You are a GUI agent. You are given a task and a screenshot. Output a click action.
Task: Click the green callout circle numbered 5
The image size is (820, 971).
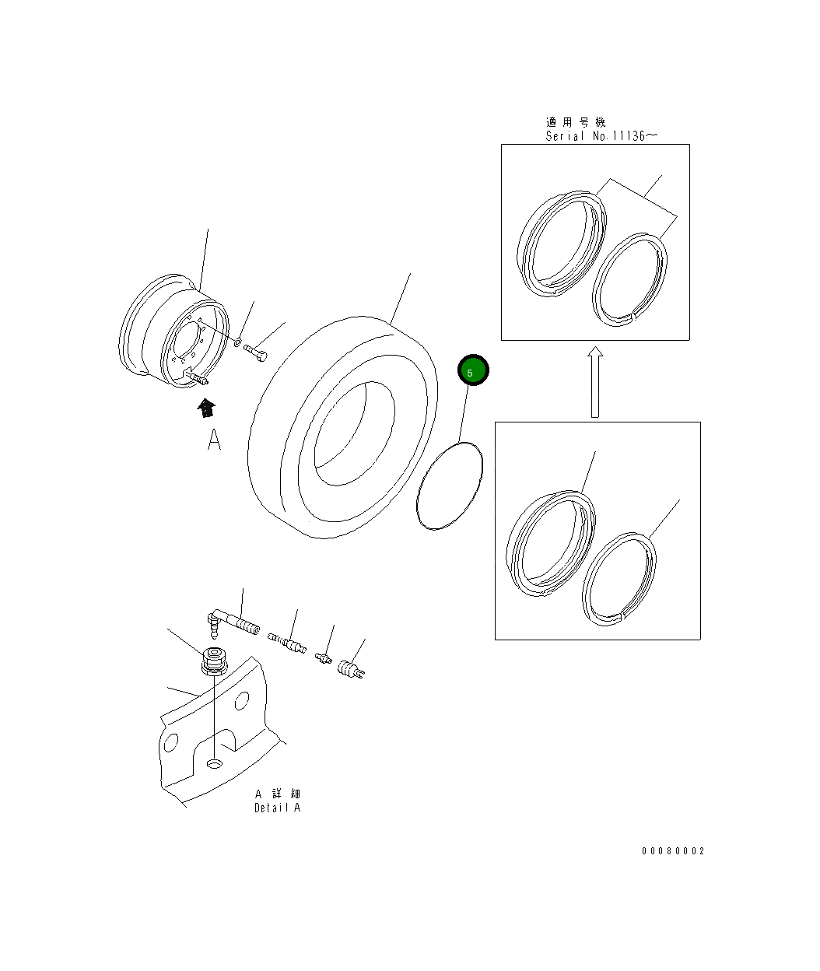pyautogui.click(x=472, y=371)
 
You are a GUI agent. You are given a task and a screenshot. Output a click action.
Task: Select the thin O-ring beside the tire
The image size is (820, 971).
pyautogui.click(x=450, y=486)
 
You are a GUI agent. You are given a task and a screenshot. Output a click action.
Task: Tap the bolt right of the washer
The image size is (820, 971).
pyautogui.click(x=257, y=353)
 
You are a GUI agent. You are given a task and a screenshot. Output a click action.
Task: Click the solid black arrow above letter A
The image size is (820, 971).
pyautogui.click(x=205, y=408)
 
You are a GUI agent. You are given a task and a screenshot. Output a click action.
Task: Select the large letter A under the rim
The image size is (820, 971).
pyautogui.click(x=215, y=440)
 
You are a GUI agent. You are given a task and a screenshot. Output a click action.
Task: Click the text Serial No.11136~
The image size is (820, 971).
pyautogui.click(x=601, y=136)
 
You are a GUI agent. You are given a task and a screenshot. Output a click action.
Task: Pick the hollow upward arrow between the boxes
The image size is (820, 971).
pyautogui.click(x=594, y=382)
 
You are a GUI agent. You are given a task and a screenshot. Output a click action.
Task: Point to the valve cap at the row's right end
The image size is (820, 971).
pyautogui.click(x=351, y=669)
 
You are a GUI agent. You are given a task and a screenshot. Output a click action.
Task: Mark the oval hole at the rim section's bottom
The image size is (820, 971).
pyautogui.click(x=214, y=764)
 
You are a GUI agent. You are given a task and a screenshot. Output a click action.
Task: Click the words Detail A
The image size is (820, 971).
pyautogui.click(x=277, y=808)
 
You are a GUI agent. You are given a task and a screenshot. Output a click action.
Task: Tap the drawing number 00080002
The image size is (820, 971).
pyautogui.click(x=672, y=851)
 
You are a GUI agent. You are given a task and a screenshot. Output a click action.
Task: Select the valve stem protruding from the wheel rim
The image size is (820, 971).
pyautogui.click(x=196, y=379)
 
